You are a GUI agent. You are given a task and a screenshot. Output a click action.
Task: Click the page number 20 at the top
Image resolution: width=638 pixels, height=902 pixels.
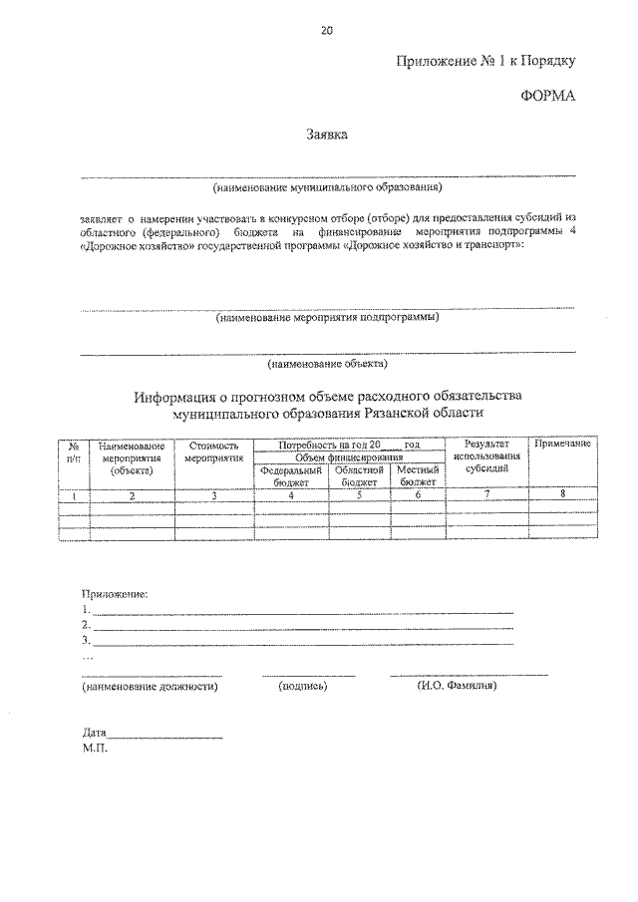pos(326,30)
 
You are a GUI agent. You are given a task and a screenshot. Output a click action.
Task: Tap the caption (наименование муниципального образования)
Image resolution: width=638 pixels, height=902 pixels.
pos(327,186)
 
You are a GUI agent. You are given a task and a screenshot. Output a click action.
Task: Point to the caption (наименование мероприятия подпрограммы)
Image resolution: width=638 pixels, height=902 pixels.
pos(327,319)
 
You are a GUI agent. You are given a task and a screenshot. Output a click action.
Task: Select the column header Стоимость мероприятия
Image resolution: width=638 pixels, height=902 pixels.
pos(213,453)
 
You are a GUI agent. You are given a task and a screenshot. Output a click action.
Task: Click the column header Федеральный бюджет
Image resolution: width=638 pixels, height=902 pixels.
pos(290,475)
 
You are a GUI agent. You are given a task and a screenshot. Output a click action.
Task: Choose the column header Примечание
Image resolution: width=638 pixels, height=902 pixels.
pos(562,443)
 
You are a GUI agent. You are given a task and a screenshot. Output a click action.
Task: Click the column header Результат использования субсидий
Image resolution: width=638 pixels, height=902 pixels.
pos(486,455)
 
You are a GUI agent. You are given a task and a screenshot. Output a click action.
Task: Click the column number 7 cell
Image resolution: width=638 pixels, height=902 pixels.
pos(486,494)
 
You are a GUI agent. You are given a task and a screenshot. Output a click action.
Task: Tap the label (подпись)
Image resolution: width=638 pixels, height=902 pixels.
pos(305,687)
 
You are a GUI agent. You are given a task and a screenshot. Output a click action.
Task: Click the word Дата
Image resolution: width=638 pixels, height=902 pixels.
pos(95,732)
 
